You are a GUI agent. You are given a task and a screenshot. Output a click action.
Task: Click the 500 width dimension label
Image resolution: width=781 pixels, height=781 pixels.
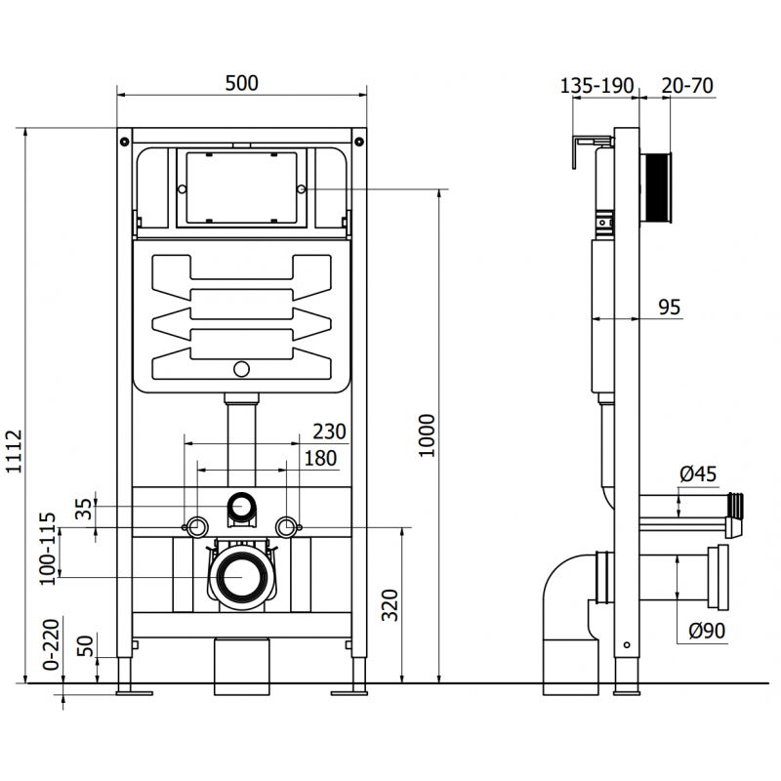pos(242,83)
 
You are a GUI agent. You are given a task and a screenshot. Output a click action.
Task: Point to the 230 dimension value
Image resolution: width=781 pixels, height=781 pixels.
pos(328,432)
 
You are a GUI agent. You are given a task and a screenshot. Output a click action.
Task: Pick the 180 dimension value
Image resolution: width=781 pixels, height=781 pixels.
pos(318,458)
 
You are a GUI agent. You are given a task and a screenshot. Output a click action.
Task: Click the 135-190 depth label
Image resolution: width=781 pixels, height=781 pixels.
pos(596,85)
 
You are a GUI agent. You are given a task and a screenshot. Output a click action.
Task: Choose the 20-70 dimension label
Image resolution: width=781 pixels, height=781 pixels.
pos(687,85)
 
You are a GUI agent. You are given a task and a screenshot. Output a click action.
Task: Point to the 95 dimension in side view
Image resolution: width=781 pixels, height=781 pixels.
pos(668,308)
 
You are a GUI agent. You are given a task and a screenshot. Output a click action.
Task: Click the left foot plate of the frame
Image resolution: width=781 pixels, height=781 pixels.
pos(133,692)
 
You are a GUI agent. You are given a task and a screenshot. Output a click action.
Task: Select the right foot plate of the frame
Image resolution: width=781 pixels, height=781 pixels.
pos(349,692)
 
